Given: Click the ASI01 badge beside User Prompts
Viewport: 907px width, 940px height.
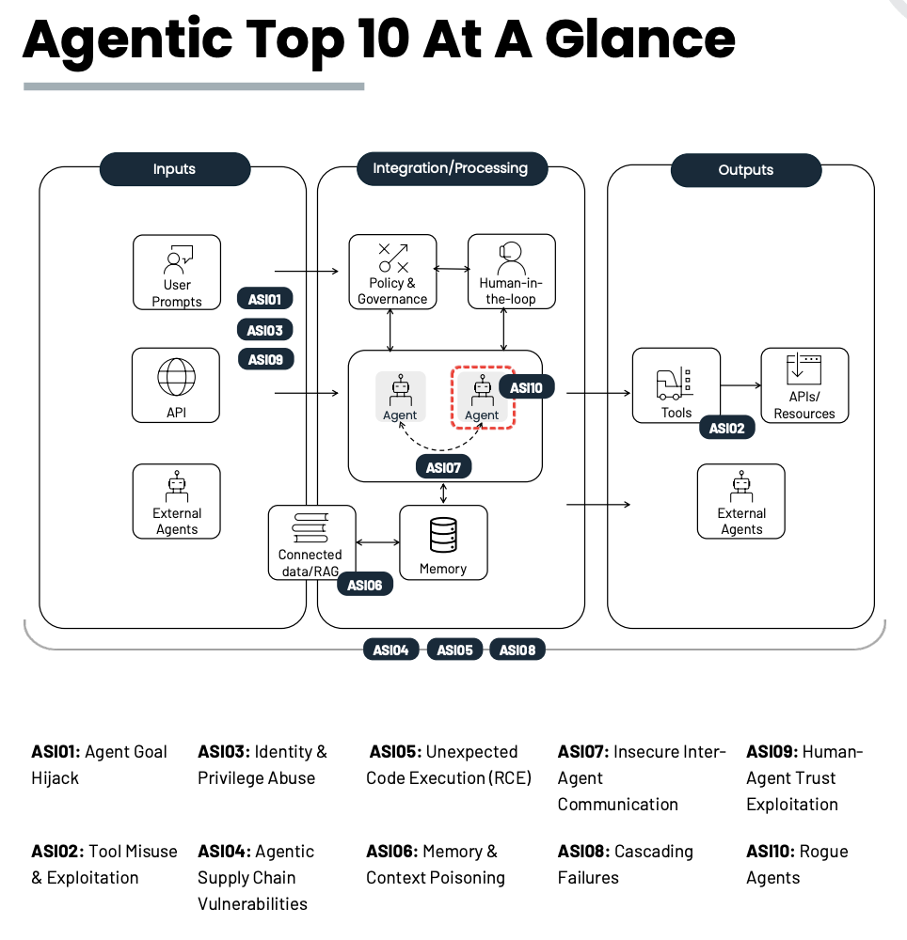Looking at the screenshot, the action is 265,299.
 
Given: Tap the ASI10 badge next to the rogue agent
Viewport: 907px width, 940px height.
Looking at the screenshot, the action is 526,387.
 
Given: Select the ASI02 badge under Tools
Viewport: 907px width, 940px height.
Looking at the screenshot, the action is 727,428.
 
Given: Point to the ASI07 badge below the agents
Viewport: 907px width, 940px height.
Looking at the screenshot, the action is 443,467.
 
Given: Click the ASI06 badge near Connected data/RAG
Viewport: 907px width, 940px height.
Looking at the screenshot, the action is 365,585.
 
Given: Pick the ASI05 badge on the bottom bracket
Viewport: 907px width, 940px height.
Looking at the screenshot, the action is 454,650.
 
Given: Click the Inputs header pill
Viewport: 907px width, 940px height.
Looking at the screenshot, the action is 175,168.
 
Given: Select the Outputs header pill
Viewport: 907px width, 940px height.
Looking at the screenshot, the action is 745,169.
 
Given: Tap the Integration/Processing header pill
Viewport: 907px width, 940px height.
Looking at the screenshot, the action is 452,168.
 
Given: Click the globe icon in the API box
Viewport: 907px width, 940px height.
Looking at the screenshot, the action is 176,377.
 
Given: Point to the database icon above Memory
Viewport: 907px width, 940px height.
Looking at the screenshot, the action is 443,535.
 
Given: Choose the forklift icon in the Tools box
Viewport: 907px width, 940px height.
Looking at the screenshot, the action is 675,384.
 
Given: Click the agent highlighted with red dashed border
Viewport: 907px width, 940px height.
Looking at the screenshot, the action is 483,398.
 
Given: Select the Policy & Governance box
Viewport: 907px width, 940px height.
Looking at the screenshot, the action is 393,272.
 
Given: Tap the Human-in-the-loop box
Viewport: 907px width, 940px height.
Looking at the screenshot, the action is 511,272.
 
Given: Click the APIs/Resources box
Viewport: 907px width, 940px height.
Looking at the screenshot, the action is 804,385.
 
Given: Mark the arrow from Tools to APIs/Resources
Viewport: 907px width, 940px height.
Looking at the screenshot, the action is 740,385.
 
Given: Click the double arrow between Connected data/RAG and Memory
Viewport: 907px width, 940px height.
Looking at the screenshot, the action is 378,542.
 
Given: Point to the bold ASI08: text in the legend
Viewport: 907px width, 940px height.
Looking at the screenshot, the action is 583,852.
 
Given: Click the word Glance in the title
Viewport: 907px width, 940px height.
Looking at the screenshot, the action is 640,39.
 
